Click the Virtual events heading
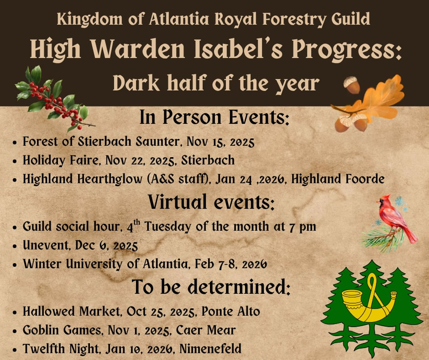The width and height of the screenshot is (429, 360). pyautogui.click(x=211, y=202)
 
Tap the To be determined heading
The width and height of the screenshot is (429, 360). pyautogui.click(x=211, y=287)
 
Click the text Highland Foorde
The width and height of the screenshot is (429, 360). pyautogui.click(x=338, y=179)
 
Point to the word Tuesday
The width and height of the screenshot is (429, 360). pyautogui.click(x=167, y=227)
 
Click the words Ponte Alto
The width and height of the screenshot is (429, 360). pyautogui.click(x=230, y=311)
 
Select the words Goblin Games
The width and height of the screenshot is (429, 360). pyautogui.click(x=62, y=330)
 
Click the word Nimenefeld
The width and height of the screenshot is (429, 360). pyautogui.click(x=210, y=349)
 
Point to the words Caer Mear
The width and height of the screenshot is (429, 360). pyautogui.click(x=206, y=330)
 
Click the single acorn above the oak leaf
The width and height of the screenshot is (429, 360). pyautogui.click(x=352, y=85)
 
